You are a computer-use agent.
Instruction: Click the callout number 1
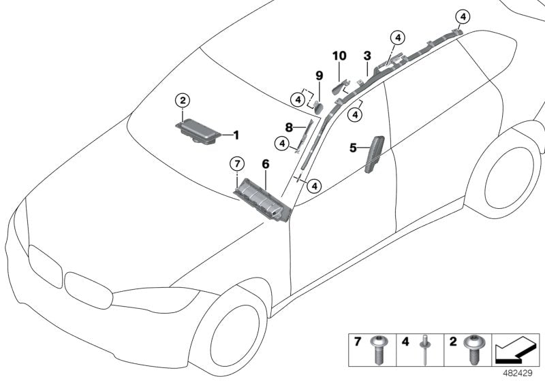coord(236,135)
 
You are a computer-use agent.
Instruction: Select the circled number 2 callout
coord(183,101)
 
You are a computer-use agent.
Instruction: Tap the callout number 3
coord(367,56)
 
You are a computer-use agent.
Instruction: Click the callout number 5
coord(353,148)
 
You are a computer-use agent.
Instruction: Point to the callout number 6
coord(266,164)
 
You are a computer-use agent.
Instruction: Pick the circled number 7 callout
coord(237,163)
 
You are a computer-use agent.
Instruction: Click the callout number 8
coord(289,128)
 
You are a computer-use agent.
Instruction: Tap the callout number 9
coord(319,76)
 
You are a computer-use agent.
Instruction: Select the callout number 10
coord(339,56)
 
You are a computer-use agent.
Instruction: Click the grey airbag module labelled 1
coord(198,131)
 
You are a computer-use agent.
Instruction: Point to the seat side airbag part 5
coord(375,154)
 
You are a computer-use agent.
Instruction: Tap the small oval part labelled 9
coord(318,107)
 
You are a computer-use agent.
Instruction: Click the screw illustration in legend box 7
coord(379,350)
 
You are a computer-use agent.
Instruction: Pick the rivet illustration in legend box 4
coord(425,350)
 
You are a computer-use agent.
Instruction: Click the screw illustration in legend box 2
coord(472,349)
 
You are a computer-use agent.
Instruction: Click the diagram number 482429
coord(518,374)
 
